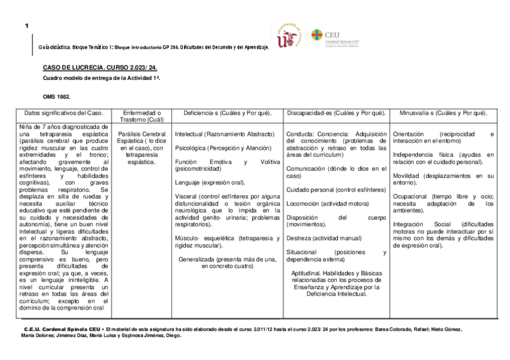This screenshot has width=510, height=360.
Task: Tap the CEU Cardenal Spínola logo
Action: pyautogui.click(x=334, y=37)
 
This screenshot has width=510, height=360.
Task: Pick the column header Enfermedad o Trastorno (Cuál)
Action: pyautogui.click(x=141, y=117)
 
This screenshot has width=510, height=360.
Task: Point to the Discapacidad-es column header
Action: pyautogui.click(x=336, y=113)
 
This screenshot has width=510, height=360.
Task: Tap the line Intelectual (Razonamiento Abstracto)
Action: pyautogui.click(x=224, y=134)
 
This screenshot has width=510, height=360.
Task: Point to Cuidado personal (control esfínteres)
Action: pyautogui.click(x=336, y=190)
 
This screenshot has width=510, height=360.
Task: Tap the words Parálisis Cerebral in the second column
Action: pyautogui.click(x=142, y=134)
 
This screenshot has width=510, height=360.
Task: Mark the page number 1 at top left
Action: pyautogui.click(x=27, y=26)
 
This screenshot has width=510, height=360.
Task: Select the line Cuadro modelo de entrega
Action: pyautogui.click(x=101, y=78)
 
